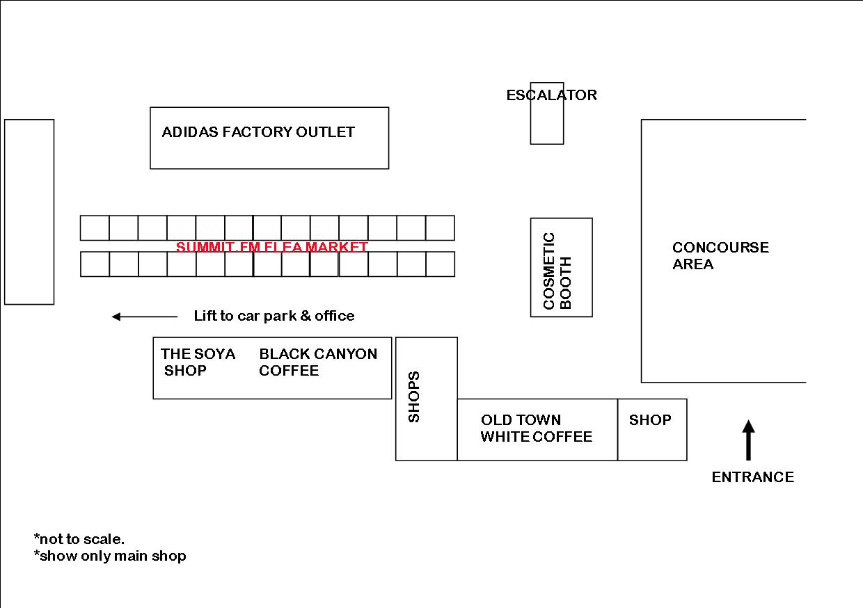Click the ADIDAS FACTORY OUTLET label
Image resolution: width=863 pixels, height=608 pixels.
[x=258, y=132]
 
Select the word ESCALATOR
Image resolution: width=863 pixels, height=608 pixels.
[x=551, y=95]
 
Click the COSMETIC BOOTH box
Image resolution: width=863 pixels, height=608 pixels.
[x=561, y=268]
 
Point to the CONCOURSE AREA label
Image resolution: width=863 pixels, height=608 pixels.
[x=720, y=256]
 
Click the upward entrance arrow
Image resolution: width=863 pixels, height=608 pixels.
[x=748, y=440]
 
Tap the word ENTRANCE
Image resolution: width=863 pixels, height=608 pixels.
[x=752, y=477]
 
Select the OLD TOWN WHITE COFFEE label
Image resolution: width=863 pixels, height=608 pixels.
[x=536, y=429]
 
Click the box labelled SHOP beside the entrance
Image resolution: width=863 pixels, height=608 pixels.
[x=652, y=430]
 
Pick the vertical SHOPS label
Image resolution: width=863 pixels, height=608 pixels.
[x=414, y=397]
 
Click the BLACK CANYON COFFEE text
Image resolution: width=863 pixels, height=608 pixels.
[x=318, y=362]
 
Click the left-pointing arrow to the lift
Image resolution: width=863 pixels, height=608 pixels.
[x=145, y=317]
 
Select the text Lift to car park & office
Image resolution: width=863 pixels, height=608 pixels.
[x=274, y=317]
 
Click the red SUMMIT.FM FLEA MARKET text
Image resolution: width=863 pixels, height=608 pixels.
[x=271, y=247]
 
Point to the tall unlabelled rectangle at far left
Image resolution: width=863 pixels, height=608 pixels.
[x=29, y=212]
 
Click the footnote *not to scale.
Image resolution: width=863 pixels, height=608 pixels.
[x=79, y=539]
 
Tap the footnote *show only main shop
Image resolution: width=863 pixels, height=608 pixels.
[x=110, y=556]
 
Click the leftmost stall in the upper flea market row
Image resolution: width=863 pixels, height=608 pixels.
[x=95, y=228]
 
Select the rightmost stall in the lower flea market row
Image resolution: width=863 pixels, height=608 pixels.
[x=440, y=264]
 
